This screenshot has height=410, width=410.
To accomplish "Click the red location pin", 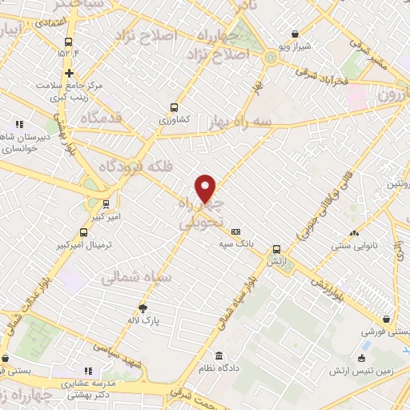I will point(206,188).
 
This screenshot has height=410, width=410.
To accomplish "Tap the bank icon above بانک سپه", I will point(235,231).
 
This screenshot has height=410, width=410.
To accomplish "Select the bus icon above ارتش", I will point(276,249).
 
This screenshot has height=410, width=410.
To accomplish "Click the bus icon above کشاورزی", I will point(174,107).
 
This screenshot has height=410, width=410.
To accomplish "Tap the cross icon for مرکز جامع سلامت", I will point(70,74).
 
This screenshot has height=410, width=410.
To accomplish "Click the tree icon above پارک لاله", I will point(143,308).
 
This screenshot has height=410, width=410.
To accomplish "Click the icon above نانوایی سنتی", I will point(353,234).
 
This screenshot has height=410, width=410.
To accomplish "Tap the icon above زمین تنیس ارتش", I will point(363,358).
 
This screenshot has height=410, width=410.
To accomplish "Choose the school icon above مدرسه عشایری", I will point(87,371).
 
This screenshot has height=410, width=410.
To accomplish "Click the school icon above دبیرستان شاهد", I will point(18,124).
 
